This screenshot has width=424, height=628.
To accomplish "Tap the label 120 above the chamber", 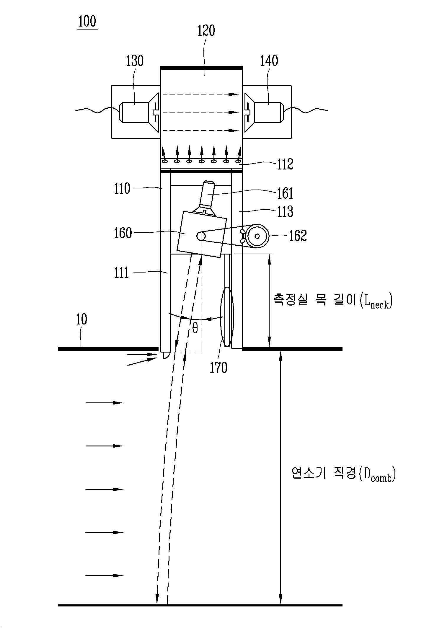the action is (x=206, y=31).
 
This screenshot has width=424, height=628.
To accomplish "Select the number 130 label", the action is (x=135, y=61).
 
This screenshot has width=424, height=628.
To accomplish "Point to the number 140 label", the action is (x=269, y=61).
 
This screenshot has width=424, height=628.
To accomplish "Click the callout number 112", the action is (x=285, y=164).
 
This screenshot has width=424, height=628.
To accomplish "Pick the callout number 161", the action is (x=285, y=193).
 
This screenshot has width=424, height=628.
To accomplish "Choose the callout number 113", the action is (x=285, y=212).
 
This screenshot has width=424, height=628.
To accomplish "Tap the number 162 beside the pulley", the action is (x=298, y=236).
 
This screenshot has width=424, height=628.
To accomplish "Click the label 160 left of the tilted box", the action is (x=123, y=233).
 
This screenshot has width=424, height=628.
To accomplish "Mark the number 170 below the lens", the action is (x=218, y=368).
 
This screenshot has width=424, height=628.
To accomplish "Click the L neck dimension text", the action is (x=333, y=301).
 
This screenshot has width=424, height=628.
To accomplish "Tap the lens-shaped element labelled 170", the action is (x=227, y=317).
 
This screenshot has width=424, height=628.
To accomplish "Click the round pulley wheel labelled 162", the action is (x=258, y=236).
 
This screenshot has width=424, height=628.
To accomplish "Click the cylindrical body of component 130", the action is (x=134, y=112).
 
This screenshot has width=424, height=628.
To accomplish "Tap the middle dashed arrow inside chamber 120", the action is (x=200, y=112).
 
